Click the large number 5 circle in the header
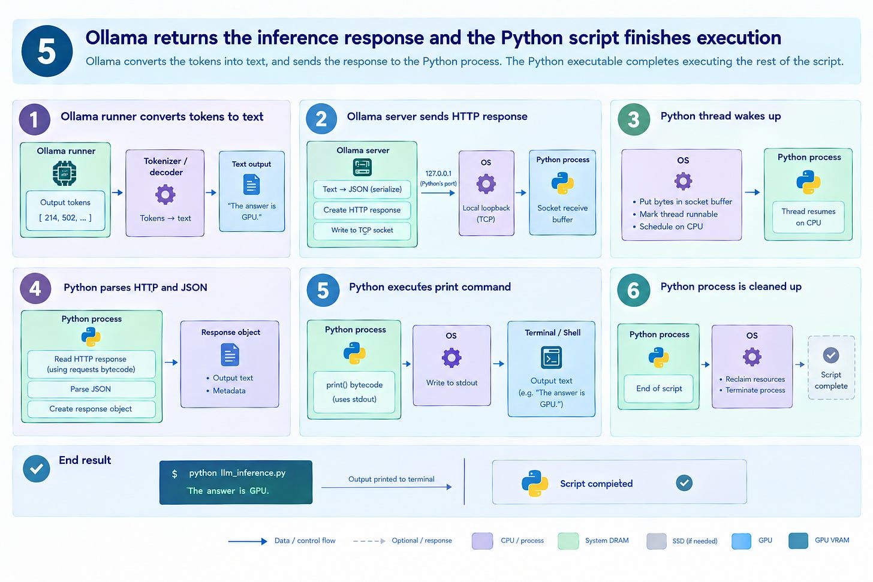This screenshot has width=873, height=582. [x=47, y=51]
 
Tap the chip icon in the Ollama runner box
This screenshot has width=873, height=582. [x=65, y=173]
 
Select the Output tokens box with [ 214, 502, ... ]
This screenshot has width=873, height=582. [x=65, y=210]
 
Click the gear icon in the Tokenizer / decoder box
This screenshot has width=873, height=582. [x=165, y=195]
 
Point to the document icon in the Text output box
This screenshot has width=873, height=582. [x=251, y=184]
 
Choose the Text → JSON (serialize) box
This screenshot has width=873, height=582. [x=362, y=189]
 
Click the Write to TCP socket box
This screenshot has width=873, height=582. [x=362, y=230]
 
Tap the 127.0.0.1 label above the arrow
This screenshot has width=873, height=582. [x=438, y=173]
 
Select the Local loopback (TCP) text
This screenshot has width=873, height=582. [x=486, y=213]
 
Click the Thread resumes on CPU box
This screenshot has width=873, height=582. [x=808, y=217]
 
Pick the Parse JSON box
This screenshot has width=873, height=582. [x=91, y=389]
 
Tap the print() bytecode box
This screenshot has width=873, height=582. [x=354, y=392]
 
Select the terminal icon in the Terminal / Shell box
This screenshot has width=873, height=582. [x=552, y=357]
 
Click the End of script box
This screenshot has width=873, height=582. [x=658, y=388]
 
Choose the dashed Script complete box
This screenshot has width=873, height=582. [x=831, y=368]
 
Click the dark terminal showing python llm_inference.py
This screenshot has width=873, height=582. [x=236, y=483]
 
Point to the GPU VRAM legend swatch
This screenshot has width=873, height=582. [x=798, y=541]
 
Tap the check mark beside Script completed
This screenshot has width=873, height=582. [x=684, y=483]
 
